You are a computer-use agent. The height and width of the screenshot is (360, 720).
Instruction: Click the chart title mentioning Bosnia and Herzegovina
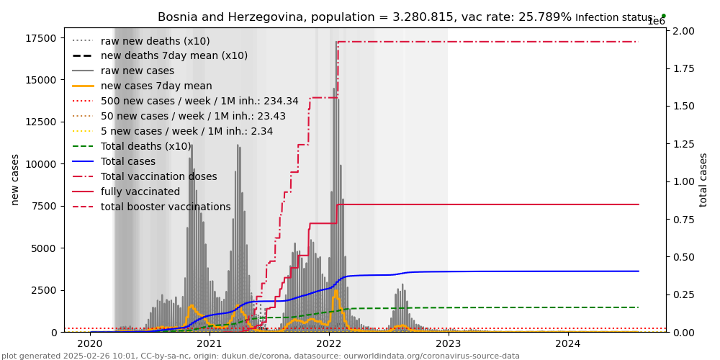[x=364, y=17]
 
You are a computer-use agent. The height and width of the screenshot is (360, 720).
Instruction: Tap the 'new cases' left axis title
[x=14, y=179]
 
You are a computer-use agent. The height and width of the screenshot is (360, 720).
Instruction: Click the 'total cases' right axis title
[x=703, y=179]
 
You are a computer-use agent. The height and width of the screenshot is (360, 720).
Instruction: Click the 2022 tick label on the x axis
[x=328, y=345]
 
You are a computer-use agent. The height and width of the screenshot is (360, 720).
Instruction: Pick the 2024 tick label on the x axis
[x=567, y=345]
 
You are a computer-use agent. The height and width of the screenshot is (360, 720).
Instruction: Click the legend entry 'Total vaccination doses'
[x=158, y=177]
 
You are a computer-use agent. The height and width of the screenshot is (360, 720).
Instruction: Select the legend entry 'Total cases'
[x=128, y=162]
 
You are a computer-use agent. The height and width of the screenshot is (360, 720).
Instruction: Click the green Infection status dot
[x=663, y=16]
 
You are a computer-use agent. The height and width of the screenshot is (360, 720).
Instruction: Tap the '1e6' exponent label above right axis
[x=656, y=22]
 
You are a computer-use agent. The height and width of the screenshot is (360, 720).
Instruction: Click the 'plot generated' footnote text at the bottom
[x=260, y=356]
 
